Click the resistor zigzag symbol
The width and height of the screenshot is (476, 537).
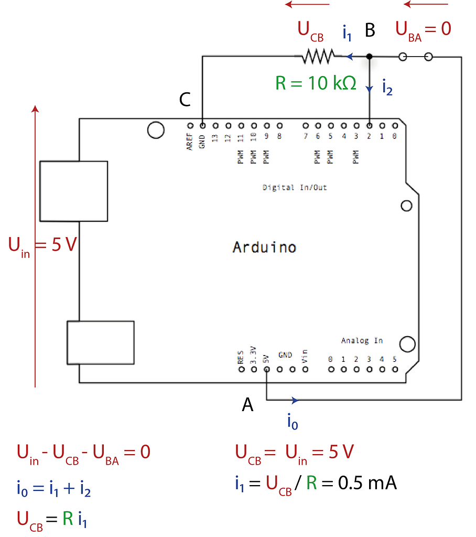[x=318, y=56]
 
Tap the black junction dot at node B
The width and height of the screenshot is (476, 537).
[x=370, y=56]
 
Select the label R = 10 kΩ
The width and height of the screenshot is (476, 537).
[x=316, y=83]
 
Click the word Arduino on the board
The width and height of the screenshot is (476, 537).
[x=264, y=247]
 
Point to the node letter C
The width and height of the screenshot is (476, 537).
[x=185, y=100]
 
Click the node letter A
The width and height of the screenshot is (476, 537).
[x=247, y=404]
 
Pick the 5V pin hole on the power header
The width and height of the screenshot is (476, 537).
[x=267, y=369]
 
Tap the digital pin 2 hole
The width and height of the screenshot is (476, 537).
[x=370, y=126]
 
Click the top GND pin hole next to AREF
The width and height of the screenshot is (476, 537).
[x=202, y=126]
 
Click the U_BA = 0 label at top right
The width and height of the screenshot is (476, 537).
[x=423, y=29]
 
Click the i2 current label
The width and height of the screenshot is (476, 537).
[x=387, y=87]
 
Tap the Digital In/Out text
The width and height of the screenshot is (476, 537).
[x=295, y=187]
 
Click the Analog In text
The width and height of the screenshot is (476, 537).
[x=362, y=340]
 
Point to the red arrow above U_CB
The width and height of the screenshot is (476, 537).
[x=307, y=5]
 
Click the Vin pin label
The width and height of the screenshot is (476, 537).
[x=305, y=357]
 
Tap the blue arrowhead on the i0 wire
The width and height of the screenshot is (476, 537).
[x=295, y=401]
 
